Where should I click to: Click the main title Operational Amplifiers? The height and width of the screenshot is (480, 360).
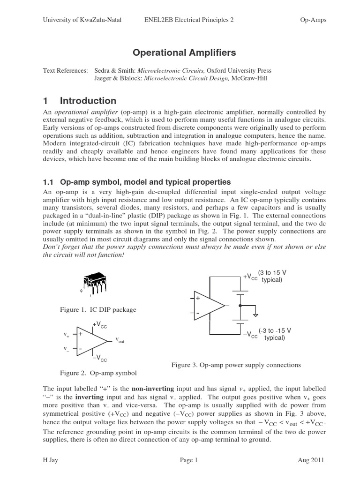tap(180, 52)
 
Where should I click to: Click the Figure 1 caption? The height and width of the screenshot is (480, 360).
tap(98, 309)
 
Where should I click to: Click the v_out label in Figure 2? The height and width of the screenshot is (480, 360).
tap(120, 339)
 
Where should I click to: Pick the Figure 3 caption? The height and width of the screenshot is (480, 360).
tap(236, 365)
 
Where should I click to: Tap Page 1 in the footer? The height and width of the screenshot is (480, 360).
tap(189, 461)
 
